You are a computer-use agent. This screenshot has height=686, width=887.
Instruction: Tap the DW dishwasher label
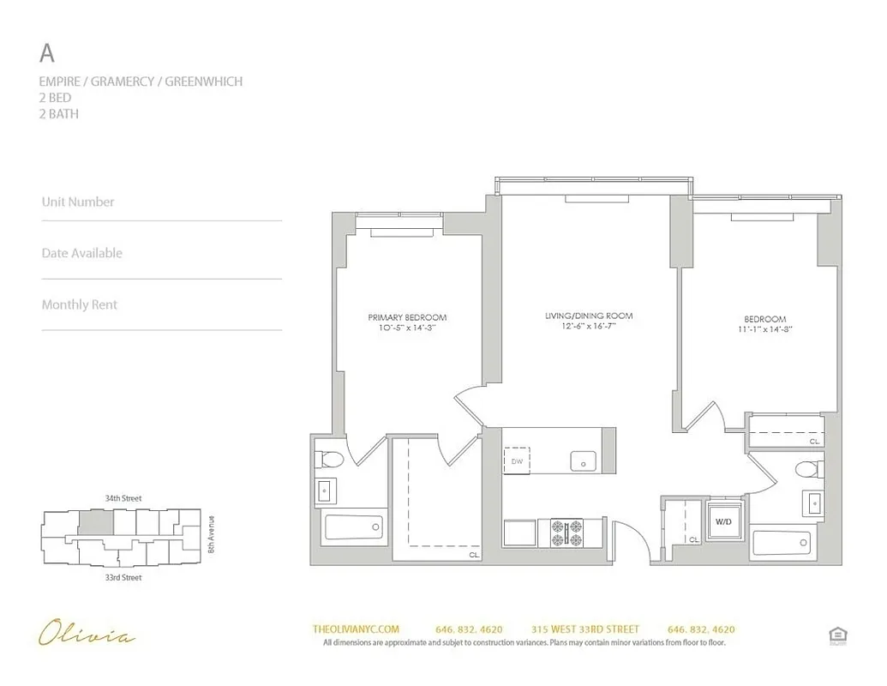(x=517, y=461)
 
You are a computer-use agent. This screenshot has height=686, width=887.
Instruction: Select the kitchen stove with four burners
(x=566, y=532)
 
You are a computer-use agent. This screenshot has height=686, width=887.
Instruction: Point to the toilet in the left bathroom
(x=329, y=460)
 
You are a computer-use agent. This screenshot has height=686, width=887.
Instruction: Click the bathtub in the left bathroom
(x=354, y=527)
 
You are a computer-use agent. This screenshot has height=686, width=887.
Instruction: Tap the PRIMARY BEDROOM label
(x=407, y=317)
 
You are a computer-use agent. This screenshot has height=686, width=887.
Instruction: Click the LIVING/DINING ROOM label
(x=589, y=316)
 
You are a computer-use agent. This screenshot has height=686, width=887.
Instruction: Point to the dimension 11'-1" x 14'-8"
(x=764, y=328)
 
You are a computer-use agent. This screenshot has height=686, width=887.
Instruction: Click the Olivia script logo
(x=87, y=635)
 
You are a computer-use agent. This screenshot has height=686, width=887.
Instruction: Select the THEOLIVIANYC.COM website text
(x=357, y=629)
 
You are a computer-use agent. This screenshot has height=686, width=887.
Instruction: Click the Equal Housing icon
(x=837, y=635)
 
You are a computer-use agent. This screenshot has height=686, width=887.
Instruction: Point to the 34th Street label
(x=123, y=498)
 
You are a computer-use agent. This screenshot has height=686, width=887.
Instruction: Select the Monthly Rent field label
(x=80, y=304)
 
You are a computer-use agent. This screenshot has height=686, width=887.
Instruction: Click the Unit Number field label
(x=78, y=202)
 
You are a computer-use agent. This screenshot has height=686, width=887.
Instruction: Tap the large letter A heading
(x=48, y=53)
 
